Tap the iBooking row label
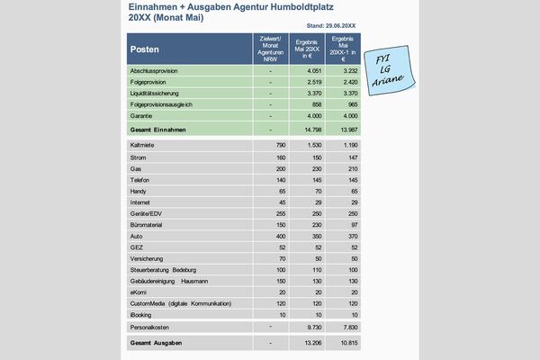(x=142, y=315)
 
